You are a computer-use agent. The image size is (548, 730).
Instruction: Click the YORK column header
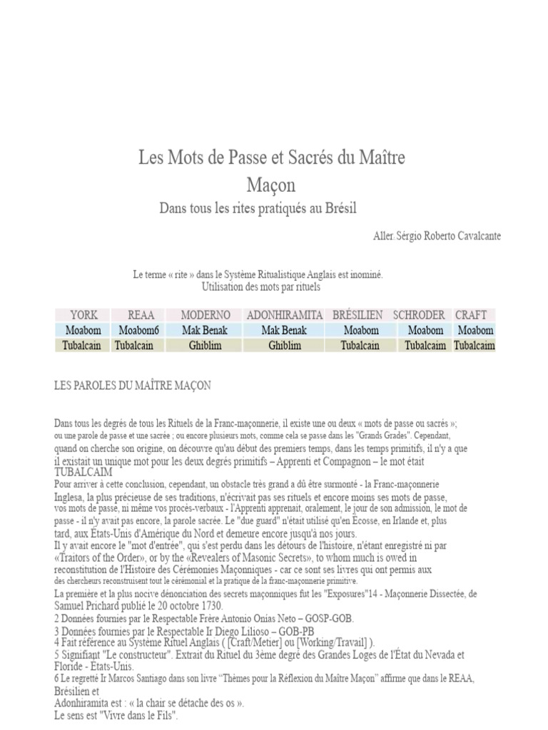tap(83, 314)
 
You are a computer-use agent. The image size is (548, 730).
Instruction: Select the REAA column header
tap(141, 314)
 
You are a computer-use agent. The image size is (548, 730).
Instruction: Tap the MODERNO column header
tap(205, 314)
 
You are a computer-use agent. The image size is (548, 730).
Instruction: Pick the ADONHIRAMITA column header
tap(285, 314)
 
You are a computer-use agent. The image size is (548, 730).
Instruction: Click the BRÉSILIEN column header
tap(357, 314)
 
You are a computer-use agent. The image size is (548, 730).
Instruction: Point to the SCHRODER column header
tap(419, 314)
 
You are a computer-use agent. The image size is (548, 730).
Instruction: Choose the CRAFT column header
tap(471, 314)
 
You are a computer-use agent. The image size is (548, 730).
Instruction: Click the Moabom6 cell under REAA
tap(139, 330)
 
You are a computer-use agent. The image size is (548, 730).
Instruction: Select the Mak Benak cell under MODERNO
tap(205, 330)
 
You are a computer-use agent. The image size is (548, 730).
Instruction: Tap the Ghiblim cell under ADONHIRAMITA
tap(285, 346)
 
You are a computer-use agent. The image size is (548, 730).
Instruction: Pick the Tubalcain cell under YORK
tap(83, 346)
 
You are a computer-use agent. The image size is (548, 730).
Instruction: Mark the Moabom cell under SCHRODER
tap(425, 330)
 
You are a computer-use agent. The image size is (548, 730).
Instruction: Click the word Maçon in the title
tap(271, 185)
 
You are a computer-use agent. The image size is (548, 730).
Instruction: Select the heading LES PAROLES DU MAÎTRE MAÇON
tap(133, 385)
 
